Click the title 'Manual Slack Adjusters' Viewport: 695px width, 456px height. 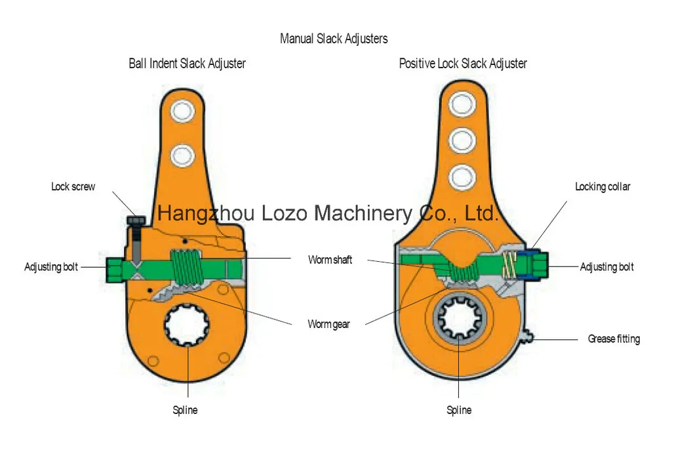334,39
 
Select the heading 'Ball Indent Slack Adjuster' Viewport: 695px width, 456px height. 187,64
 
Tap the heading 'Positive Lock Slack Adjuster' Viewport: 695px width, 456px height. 463,64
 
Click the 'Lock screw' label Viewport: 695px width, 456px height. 73,187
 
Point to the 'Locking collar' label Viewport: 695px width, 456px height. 603,187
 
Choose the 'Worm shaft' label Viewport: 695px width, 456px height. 330,260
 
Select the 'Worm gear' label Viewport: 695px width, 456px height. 328,324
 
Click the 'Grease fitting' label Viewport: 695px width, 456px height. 614,339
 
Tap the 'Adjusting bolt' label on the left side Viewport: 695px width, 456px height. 51,267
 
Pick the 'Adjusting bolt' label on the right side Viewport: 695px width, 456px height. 607,267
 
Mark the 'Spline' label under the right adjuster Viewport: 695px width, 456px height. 459,410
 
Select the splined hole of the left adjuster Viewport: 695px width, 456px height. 186,325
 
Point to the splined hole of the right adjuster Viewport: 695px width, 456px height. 459,320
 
